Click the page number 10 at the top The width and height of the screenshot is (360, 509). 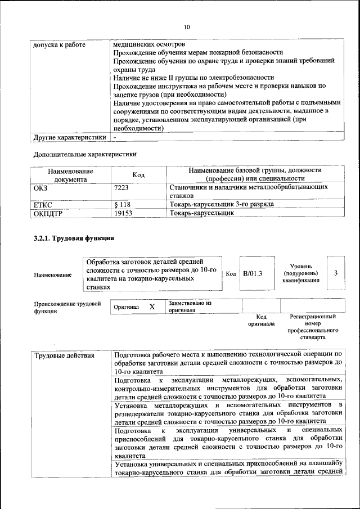187,26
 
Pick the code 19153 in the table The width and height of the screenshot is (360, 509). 123,213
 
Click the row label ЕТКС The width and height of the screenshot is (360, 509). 43,204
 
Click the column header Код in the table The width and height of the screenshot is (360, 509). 138,175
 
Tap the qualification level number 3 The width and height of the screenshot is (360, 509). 335,273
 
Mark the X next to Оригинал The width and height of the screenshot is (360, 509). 152,307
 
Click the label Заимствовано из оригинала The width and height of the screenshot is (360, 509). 189,307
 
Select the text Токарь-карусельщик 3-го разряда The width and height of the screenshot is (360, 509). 222,204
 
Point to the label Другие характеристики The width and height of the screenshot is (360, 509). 69,137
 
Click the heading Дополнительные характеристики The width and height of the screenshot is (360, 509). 85,154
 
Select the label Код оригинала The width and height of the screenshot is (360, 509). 261,321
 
